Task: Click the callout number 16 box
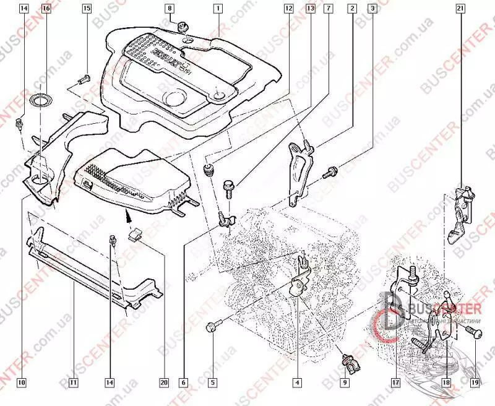click(46, 9)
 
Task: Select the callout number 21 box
click(460, 9)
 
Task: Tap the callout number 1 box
click(218, 9)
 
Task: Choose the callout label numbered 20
click(164, 382)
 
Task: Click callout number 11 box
click(72, 382)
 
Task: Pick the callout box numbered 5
click(212, 382)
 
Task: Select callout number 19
click(475, 382)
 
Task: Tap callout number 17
click(394, 382)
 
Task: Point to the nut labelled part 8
click(183, 27)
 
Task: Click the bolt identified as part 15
click(85, 79)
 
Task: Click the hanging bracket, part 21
click(460, 214)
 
